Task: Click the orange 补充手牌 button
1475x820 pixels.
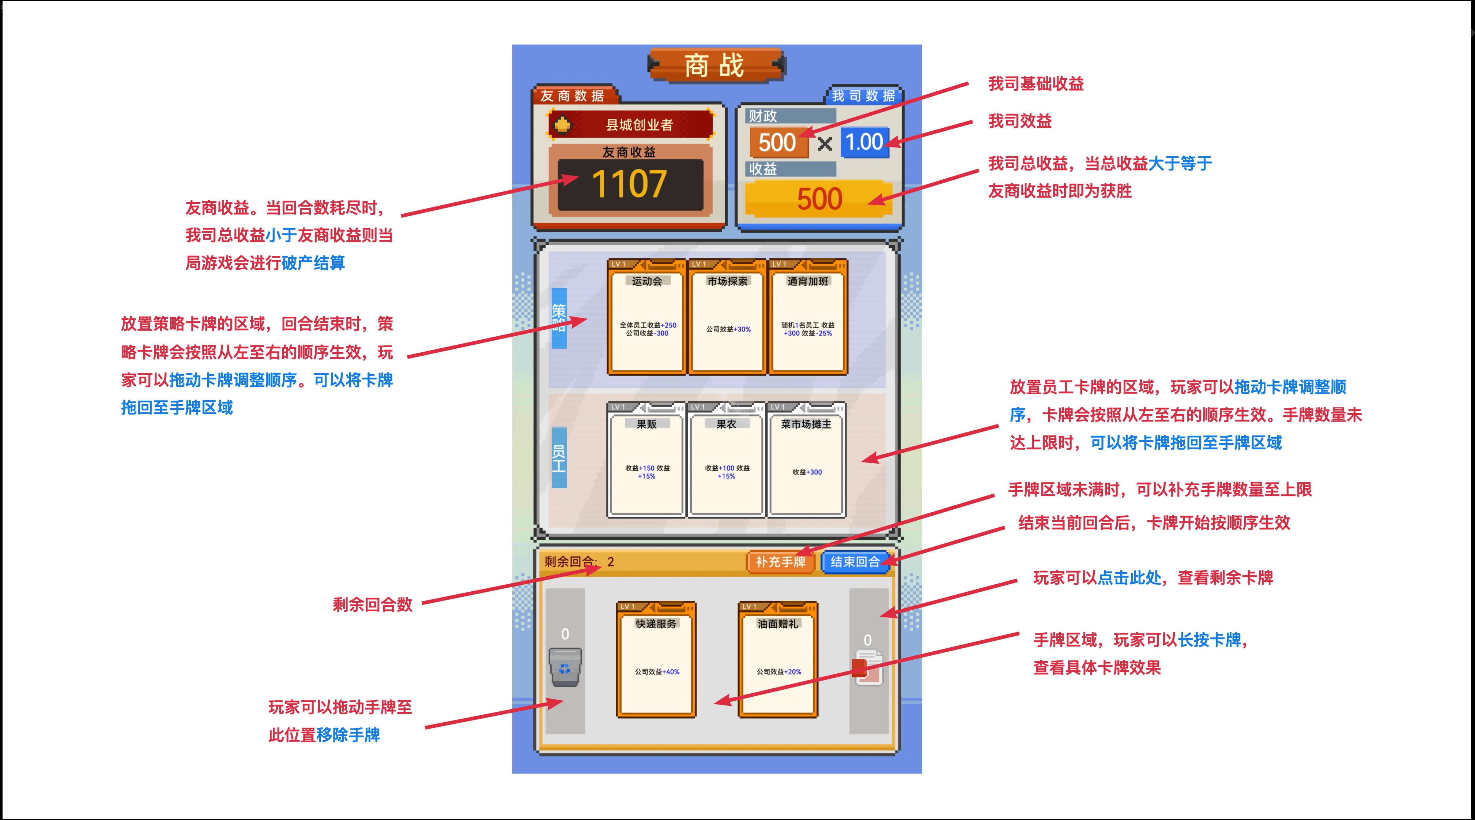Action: (780, 562)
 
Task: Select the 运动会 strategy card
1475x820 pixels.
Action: (646, 318)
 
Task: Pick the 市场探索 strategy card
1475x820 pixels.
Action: (727, 318)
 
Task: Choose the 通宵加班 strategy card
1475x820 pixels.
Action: (807, 318)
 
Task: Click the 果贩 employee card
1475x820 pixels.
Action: (646, 460)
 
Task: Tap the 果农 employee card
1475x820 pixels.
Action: (726, 460)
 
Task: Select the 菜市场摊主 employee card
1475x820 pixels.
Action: (806, 460)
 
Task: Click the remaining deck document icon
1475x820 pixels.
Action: (869, 667)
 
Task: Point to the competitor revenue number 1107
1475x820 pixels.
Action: (629, 184)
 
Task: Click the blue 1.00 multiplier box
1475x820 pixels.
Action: (864, 142)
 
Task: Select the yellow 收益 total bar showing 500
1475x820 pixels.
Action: (819, 199)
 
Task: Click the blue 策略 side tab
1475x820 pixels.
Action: (559, 318)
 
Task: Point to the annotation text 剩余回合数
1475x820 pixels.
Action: (372, 604)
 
